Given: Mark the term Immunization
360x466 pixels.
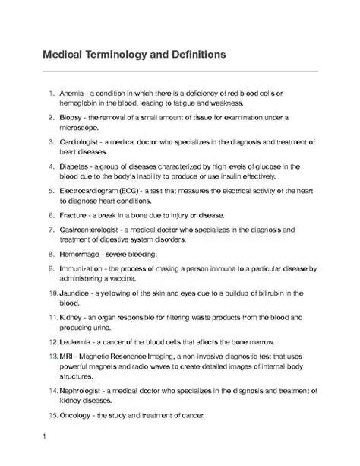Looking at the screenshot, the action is pos(81,268).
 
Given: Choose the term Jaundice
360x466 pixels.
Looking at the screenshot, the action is pos(76,293).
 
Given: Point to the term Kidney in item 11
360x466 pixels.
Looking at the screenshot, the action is pos(71,317).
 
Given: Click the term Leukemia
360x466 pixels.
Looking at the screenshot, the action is pos(77,342).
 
